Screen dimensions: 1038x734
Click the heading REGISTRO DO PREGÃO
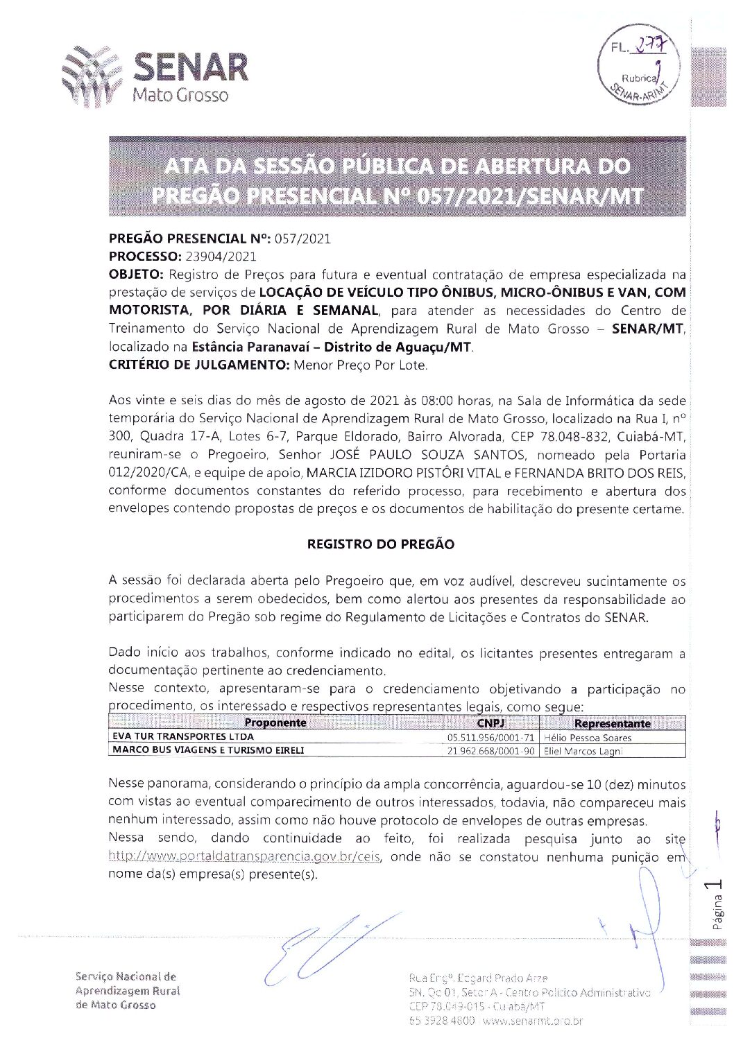(380, 544)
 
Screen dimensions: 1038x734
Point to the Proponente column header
(275, 723)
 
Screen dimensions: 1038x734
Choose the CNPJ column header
(490, 723)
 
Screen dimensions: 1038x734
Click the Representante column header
(612, 723)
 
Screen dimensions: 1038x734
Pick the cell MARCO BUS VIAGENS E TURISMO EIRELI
(208, 750)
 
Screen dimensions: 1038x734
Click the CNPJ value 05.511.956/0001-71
(491, 737)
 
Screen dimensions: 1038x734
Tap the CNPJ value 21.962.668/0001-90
(491, 750)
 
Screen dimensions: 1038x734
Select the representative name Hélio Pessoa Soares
(588, 737)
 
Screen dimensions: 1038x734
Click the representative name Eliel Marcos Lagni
(583, 751)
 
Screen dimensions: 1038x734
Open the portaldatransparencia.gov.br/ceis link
(244, 856)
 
